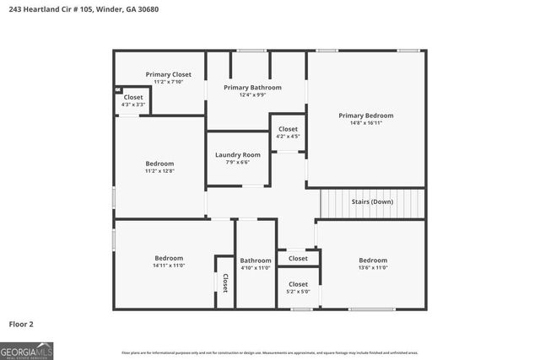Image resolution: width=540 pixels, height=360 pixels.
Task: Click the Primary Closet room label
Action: tap(168, 74)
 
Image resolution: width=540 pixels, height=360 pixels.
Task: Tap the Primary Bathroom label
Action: tap(252, 87)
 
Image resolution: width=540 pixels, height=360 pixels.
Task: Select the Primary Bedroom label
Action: tap(365, 116)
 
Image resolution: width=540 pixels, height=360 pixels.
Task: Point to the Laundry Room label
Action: tap(237, 154)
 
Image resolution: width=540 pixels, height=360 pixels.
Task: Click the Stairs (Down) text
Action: tap(372, 202)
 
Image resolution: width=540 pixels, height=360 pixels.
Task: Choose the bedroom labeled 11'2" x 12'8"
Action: tap(159, 164)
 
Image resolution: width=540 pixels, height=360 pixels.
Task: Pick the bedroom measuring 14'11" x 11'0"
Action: tap(169, 258)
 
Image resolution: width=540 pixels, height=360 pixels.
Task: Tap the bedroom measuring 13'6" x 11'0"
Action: tap(373, 261)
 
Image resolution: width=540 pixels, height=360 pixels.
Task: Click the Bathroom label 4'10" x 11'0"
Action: tap(255, 261)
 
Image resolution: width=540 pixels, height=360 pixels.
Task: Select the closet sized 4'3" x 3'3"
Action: tap(133, 97)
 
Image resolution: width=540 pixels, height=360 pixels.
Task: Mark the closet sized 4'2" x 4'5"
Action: tap(288, 129)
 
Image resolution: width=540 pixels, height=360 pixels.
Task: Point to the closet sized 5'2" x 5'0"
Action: tap(298, 284)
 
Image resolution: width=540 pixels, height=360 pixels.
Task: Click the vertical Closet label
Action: tap(225, 283)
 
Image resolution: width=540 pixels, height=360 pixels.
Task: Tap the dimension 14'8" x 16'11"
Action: tap(365, 123)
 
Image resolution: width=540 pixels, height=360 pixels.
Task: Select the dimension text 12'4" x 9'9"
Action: tap(252, 94)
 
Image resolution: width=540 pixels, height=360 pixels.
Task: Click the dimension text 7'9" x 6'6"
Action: tap(237, 162)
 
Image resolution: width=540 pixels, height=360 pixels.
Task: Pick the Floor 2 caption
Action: tap(21, 323)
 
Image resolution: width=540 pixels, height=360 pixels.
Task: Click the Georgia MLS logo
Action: tap(26, 349)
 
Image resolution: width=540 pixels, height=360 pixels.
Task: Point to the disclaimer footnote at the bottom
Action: tap(269, 352)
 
